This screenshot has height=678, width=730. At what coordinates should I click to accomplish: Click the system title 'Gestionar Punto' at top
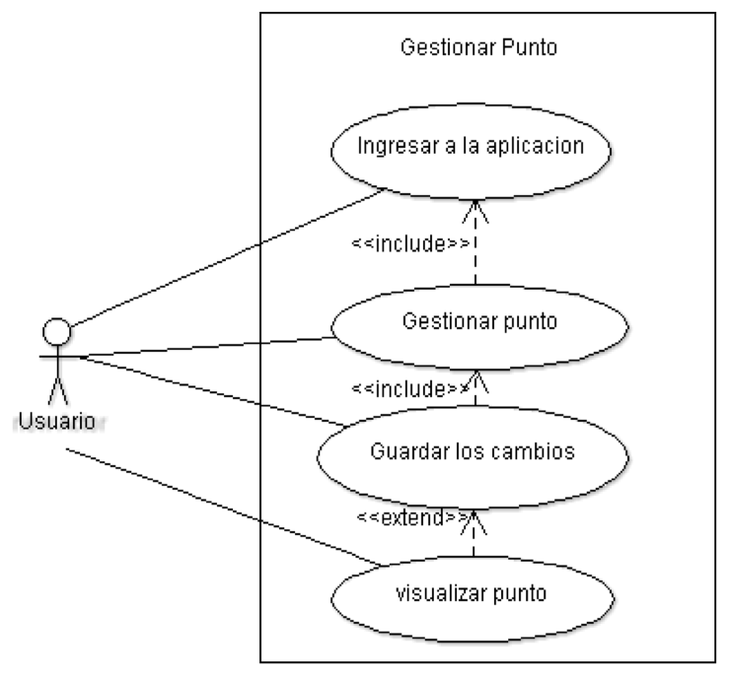pos(478,47)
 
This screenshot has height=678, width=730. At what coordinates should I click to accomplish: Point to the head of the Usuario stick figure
pos(57,331)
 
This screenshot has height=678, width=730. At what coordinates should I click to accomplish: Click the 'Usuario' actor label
pos(58,422)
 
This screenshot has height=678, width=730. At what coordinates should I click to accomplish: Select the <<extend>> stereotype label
pos(412,517)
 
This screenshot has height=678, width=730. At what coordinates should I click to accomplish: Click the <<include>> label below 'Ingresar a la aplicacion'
pos(410,244)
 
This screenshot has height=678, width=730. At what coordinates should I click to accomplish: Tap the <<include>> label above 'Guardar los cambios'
pos(409,388)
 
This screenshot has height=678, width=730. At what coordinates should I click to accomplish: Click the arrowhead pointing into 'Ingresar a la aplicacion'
pos(475,211)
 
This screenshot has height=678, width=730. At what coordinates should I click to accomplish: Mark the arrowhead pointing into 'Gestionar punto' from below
pos(475,381)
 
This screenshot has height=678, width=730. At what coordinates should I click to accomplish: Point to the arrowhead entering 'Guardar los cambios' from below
pos(474,522)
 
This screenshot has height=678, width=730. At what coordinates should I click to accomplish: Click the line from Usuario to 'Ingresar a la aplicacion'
pos(227,257)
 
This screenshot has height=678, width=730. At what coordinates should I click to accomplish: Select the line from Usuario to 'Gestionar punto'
pos(207,347)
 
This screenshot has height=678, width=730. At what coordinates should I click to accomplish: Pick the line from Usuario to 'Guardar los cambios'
pos(213,391)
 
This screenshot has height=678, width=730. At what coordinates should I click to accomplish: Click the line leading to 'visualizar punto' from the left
pos(226,508)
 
